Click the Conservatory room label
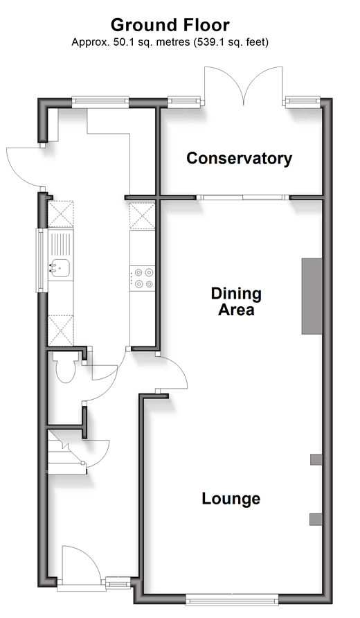coord(239,159)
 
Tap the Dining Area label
coord(236,301)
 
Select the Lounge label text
coord(231,499)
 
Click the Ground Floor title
coord(170,25)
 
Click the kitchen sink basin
coord(60,268)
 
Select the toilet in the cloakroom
coord(65,368)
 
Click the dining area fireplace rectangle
coord(312,297)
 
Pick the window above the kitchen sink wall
coord(39,261)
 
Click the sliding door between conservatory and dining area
coord(242,197)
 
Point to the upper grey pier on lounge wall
coord(316,459)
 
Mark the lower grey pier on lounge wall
coord(316,520)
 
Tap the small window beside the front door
coord(118,583)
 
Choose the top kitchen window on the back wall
coord(100,103)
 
